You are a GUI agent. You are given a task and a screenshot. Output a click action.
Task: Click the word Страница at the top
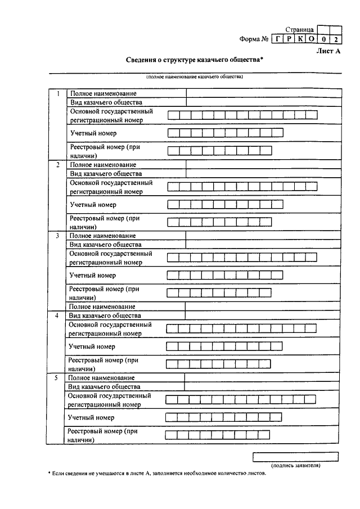point(299,29)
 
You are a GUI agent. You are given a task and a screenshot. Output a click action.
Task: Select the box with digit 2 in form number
point(335,39)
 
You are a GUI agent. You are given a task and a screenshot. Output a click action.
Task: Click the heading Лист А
point(329,51)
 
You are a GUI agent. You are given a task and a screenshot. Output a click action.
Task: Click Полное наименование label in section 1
point(103,93)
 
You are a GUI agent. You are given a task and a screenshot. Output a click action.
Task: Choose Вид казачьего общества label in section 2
point(106,174)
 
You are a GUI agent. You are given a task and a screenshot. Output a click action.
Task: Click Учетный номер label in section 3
point(93,276)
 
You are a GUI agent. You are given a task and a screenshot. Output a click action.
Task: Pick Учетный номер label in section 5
point(91,418)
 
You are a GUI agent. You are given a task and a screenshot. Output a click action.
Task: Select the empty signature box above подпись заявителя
point(295,456)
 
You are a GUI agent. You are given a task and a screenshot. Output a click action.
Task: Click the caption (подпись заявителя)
point(296,466)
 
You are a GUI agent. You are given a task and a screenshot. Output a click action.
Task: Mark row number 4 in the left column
point(56,316)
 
